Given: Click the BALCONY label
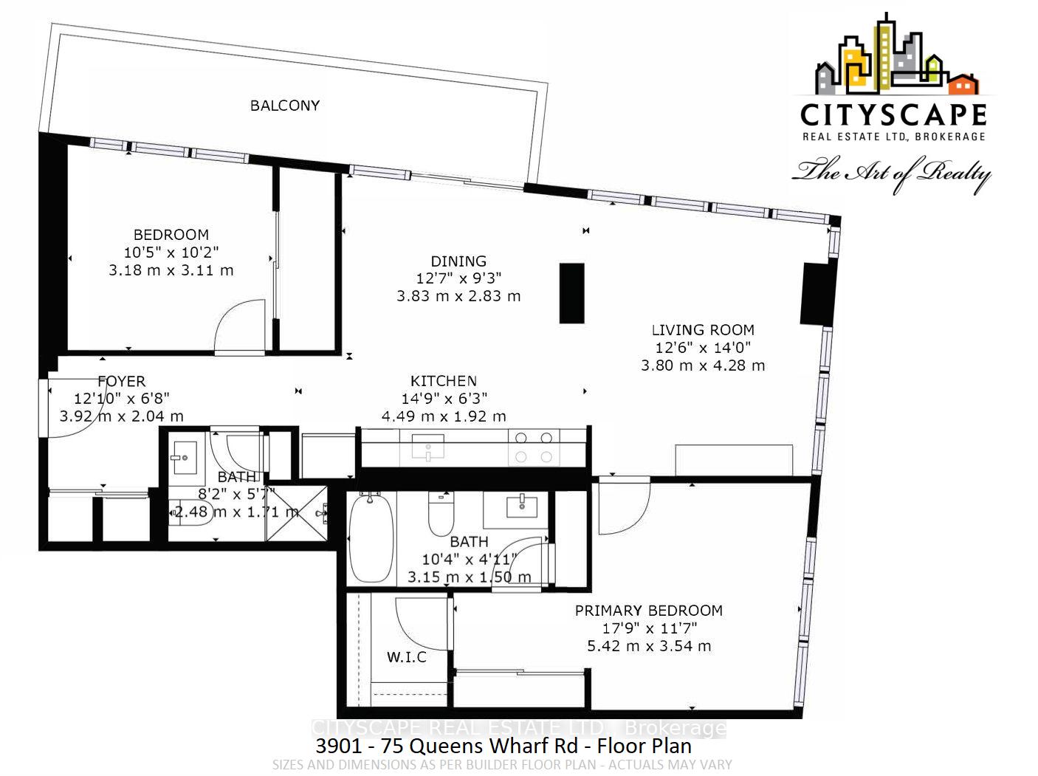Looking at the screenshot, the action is [x=285, y=106].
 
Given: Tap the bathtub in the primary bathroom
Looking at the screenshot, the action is [x=371, y=538].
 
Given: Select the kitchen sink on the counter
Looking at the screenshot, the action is [x=428, y=447].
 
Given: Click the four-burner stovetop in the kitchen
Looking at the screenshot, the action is [x=534, y=447].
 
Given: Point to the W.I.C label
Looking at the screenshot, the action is [x=407, y=657].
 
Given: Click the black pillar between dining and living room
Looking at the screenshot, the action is [x=571, y=293].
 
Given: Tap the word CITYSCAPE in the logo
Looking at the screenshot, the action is [x=893, y=115].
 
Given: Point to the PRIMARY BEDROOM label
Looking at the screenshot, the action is [x=649, y=611].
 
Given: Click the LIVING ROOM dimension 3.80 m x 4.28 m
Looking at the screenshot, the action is [x=703, y=365].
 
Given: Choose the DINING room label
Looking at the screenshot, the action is [x=458, y=261].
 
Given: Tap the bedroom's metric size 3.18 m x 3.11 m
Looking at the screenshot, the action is [x=171, y=270].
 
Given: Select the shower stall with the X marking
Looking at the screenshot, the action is [x=297, y=513].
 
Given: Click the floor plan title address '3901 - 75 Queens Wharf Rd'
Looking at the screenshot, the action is [x=447, y=746].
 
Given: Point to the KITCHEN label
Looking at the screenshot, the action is [x=444, y=381].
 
